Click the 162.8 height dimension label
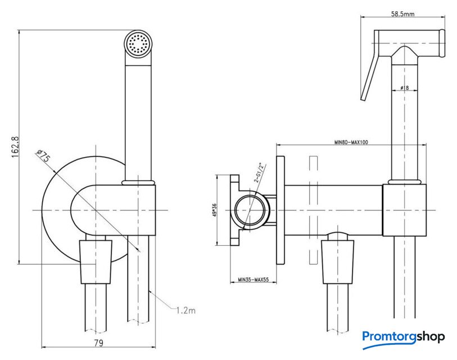(x=16, y=146)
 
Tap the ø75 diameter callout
(x=43, y=156)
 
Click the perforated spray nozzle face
(x=138, y=44)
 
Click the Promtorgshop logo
(x=404, y=336)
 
